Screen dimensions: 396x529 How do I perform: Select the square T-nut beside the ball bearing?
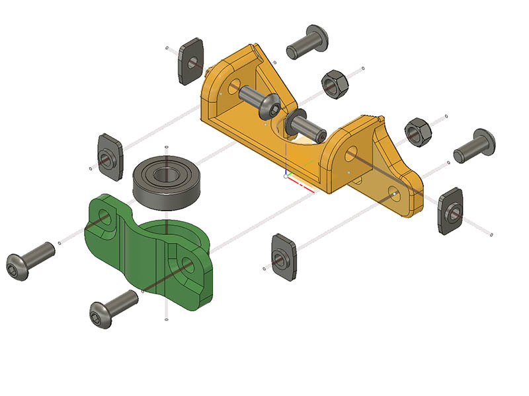[x=111, y=157]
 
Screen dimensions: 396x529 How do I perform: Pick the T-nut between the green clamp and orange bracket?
[x=282, y=256]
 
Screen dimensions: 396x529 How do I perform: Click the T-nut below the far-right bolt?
[x=451, y=211]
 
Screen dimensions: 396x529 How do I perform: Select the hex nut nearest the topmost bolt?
[x=335, y=84]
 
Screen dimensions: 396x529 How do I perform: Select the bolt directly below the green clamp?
[x=113, y=309]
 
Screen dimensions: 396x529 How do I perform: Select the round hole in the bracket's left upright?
[x=233, y=86]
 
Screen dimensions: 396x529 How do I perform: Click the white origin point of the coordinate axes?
[x=286, y=176]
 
